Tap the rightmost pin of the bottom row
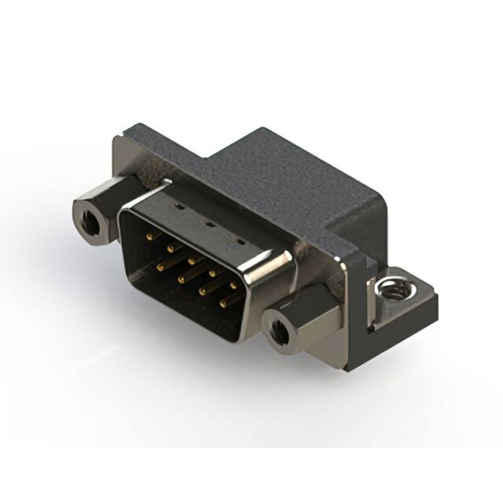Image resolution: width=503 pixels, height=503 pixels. (x=223, y=302)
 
